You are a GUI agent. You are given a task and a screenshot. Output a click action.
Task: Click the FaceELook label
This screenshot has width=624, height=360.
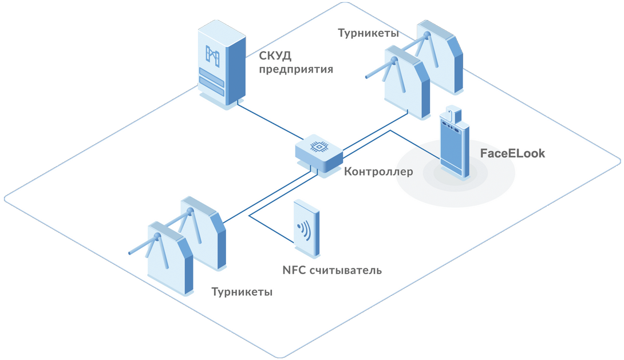[x=512, y=153]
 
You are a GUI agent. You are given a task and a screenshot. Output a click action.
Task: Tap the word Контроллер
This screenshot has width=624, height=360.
[x=378, y=172]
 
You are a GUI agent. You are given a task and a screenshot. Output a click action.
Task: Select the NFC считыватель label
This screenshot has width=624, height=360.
[x=331, y=270]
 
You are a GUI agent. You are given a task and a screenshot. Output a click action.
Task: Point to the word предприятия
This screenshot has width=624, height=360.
[x=295, y=70]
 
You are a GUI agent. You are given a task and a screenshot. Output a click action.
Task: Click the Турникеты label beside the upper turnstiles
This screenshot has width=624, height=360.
[x=368, y=33]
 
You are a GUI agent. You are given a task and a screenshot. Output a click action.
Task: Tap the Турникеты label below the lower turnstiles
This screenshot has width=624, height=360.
[x=242, y=292]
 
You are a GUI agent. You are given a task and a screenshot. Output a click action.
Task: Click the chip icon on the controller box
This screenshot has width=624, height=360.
[x=316, y=147]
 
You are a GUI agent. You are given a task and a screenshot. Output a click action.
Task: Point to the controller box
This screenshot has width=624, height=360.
[x=319, y=153]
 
